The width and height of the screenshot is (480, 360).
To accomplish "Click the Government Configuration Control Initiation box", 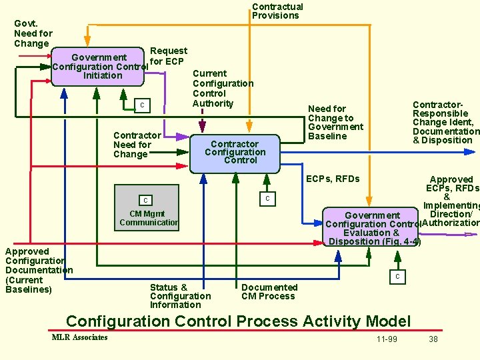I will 99,67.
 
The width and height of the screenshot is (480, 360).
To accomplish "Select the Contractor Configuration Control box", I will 235,152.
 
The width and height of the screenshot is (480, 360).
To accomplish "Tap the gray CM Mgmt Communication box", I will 147,208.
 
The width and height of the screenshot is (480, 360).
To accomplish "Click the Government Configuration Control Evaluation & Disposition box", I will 372,228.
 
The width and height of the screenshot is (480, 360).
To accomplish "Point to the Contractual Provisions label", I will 277,11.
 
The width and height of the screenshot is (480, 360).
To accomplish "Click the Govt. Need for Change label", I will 33,33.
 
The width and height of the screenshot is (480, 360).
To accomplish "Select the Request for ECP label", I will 168,56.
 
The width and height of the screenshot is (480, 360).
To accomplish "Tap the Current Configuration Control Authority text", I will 222,88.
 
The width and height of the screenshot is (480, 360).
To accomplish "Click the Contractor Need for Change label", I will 137,145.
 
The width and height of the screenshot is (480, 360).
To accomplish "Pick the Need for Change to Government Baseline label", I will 335,122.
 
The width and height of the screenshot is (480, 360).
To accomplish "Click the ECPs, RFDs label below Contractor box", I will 332,179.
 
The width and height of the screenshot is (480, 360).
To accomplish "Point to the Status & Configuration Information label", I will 180,296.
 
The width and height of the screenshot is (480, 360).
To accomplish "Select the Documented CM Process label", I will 269,291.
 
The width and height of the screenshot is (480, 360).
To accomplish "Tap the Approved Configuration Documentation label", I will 37,270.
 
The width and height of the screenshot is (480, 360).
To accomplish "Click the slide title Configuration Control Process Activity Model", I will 238,321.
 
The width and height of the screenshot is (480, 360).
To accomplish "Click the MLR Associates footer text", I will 79,337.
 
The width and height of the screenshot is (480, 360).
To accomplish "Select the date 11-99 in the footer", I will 387,339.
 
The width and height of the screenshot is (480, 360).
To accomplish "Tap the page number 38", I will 433,339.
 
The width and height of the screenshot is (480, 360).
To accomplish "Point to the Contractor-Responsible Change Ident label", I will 443,123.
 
